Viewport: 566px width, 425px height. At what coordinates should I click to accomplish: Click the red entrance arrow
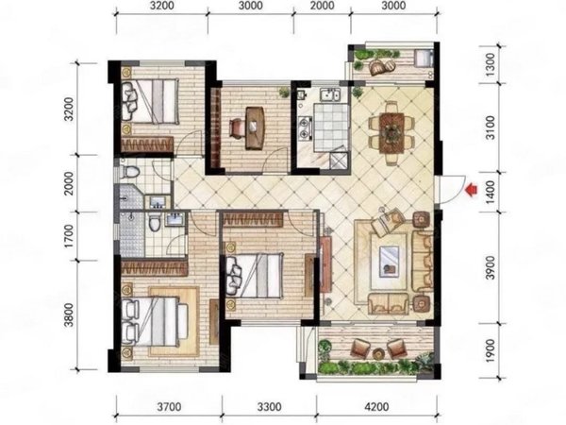pyautogui.click(x=472, y=190)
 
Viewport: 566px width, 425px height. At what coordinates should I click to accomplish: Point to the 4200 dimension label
pyautogui.click(x=376, y=407)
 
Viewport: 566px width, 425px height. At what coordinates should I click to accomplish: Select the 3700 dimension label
pyautogui.click(x=169, y=407)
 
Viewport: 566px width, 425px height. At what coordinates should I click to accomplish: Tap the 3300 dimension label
pyautogui.click(x=269, y=407)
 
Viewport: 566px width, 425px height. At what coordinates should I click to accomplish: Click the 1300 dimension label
pyautogui.click(x=490, y=64)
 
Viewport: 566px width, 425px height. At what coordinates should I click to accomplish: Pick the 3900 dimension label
pyautogui.click(x=490, y=267)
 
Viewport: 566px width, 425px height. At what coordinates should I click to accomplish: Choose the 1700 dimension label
pyautogui.click(x=68, y=236)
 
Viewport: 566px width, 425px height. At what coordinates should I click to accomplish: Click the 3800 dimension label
pyautogui.click(x=68, y=315)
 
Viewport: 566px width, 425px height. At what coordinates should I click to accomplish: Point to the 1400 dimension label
pyautogui.click(x=490, y=192)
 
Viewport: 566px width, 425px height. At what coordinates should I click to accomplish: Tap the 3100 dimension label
pyautogui.click(x=490, y=127)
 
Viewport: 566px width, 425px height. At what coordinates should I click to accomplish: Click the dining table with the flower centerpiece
pyautogui.click(x=391, y=133)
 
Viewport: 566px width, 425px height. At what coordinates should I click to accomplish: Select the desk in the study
pyautogui.click(x=255, y=127)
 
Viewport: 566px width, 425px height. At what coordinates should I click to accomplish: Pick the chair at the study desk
pyautogui.click(x=237, y=128)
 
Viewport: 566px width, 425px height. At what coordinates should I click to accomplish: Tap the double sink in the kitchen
pyautogui.click(x=332, y=95)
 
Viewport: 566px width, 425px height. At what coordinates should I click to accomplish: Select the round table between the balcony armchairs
pyautogui.click(x=378, y=353)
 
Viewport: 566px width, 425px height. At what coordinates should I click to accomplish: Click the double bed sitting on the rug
pyautogui.click(x=155, y=321)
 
